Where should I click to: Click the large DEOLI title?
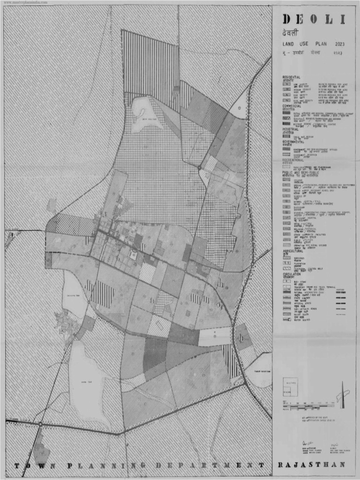click(x=314, y=20)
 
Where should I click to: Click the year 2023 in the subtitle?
click(x=340, y=44)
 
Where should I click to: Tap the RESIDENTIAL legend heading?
click(x=291, y=77)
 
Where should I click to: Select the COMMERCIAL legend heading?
click(x=291, y=106)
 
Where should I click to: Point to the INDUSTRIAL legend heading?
click(x=291, y=129)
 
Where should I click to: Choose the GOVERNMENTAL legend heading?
click(x=294, y=141)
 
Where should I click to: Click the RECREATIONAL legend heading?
click(x=293, y=160)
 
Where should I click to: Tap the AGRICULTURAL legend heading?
click(x=294, y=251)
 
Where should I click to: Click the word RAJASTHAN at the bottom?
click(x=312, y=465)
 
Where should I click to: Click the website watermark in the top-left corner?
click(x=26, y=2)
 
